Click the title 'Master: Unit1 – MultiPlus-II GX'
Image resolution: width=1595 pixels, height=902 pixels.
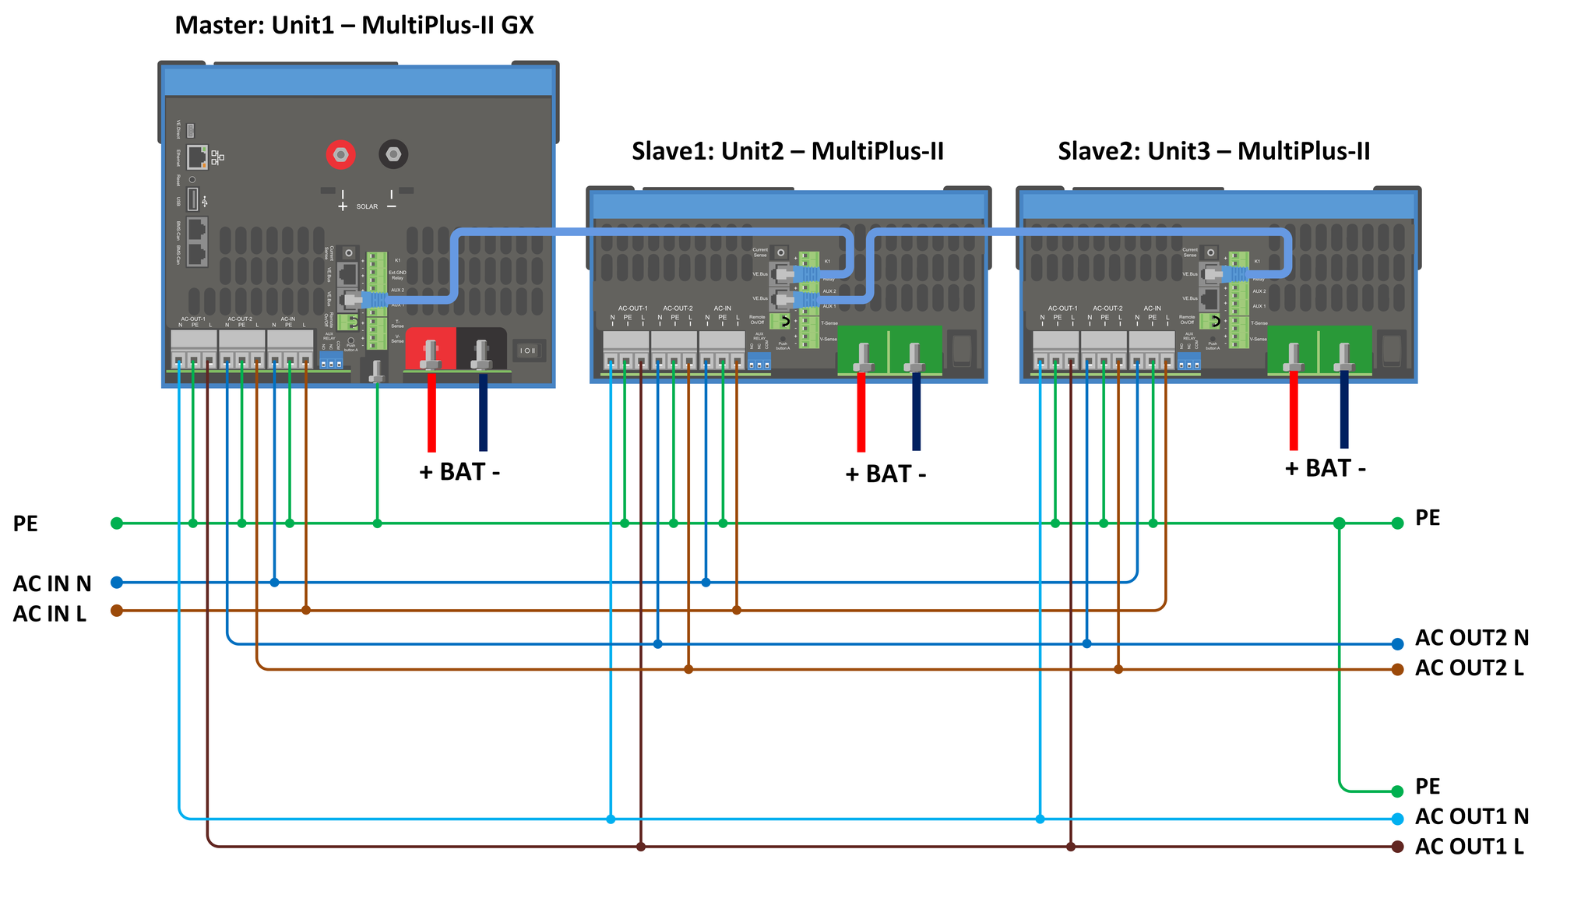coord(354,26)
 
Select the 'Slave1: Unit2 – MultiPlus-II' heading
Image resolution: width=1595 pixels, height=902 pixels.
coord(787,151)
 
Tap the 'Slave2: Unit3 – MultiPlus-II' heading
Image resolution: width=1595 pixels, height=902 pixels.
coord(1213,151)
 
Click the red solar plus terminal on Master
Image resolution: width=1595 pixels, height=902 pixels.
coord(340,155)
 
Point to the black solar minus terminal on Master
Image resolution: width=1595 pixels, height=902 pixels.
coord(393,155)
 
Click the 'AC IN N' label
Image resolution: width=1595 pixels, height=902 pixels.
coord(52,583)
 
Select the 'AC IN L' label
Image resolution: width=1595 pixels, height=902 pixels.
coord(49,614)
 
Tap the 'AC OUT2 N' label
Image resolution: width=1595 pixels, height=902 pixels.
coord(1471,638)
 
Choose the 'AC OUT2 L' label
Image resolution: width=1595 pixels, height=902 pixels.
coord(1469,668)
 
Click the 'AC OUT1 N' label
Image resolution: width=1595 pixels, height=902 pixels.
coord(1471,816)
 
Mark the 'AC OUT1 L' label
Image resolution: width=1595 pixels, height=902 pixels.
coord(1469,847)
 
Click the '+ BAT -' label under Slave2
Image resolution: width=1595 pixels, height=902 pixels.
coord(1325,468)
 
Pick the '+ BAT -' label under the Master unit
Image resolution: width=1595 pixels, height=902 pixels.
coord(459,472)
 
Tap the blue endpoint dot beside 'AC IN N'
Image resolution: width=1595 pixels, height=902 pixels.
coord(117,583)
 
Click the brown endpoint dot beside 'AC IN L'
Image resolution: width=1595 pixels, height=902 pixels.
coord(117,611)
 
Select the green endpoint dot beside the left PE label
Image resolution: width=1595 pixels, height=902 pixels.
coord(117,523)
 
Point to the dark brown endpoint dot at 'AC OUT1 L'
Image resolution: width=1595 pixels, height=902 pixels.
coord(1398,847)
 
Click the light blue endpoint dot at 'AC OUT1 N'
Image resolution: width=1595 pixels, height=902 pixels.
coord(1398,819)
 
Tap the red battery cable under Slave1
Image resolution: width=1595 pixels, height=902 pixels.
coord(861,413)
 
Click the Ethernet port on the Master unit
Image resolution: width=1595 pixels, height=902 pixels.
coord(197,157)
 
